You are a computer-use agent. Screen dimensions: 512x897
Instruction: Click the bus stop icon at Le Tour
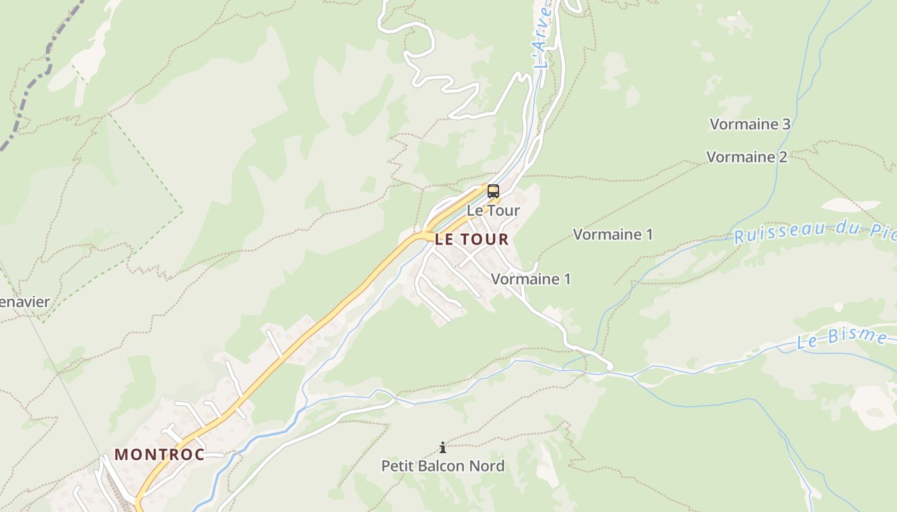[493, 191]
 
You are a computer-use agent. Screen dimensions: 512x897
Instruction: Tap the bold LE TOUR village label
[472, 240]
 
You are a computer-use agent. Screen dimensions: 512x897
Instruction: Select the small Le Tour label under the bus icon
[493, 210]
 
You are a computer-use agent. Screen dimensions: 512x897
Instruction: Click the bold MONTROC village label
[160, 455]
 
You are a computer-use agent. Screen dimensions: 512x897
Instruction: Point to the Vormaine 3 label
[750, 124]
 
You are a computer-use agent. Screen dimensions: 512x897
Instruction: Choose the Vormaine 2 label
[746, 157]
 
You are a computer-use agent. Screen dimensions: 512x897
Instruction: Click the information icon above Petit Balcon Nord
[442, 447]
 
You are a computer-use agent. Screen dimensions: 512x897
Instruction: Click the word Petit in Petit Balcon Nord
[397, 466]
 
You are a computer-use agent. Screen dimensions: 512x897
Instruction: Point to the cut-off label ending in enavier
[24, 302]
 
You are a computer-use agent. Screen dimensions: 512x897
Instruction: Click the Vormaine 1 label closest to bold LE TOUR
[531, 279]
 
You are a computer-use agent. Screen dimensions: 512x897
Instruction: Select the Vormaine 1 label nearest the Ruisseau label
[613, 234]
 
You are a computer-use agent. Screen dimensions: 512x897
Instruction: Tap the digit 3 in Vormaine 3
[786, 124]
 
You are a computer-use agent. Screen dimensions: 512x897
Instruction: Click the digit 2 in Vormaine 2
[783, 157]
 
